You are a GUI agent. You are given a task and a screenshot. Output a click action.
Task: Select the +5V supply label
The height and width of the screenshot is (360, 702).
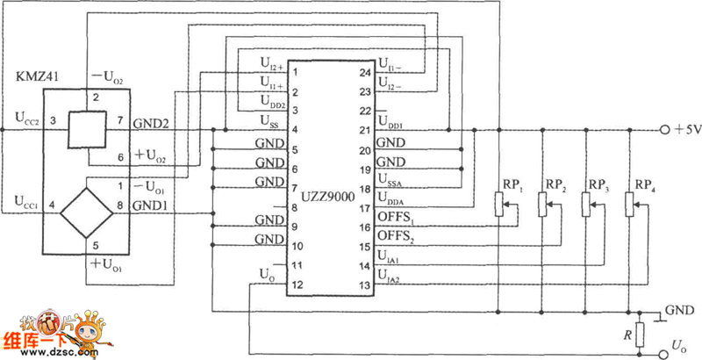pyautogui.click(x=686, y=130)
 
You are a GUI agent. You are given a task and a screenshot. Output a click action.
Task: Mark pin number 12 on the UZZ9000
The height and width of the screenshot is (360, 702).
pyautogui.click(x=298, y=284)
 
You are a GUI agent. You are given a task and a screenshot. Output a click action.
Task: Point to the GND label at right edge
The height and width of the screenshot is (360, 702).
pyautogui.click(x=680, y=311)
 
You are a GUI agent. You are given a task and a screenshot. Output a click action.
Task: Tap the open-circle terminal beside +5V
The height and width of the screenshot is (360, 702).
pyautogui.click(x=663, y=130)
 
